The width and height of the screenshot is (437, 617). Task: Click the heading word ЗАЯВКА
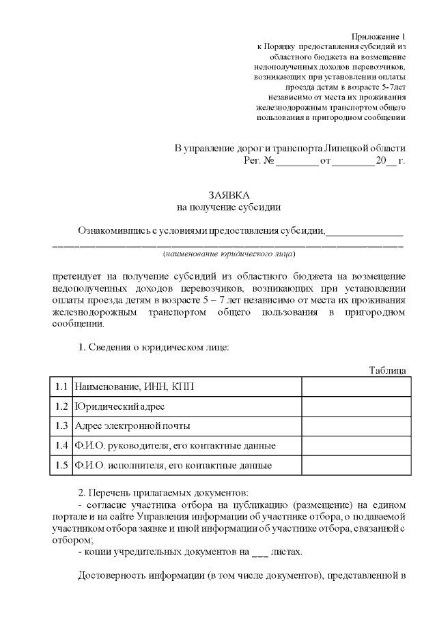(x=228, y=194)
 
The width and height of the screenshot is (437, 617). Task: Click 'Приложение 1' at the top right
(x=378, y=35)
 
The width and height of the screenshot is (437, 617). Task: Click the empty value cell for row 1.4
(x=356, y=446)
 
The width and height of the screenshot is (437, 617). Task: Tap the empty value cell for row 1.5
(x=356, y=466)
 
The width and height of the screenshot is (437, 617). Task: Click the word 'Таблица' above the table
(x=387, y=370)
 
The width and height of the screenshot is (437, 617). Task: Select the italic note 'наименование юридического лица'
(x=228, y=254)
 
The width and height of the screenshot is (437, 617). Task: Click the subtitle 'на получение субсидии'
(x=228, y=206)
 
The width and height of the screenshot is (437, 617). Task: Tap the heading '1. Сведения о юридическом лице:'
(x=154, y=346)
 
